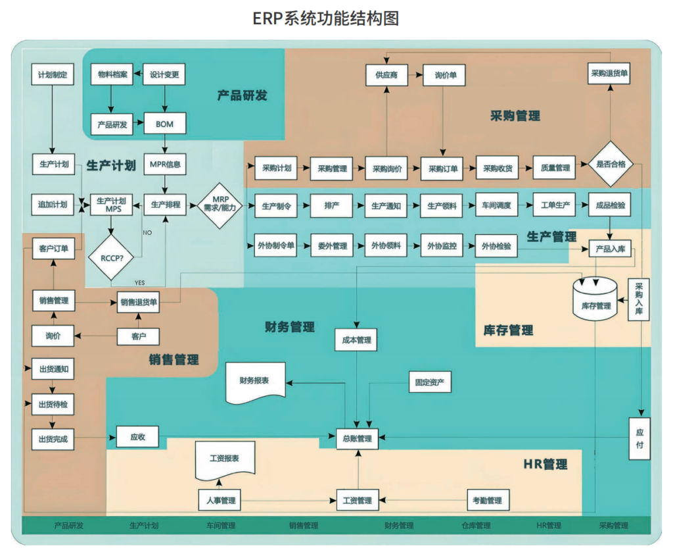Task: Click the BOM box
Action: [164, 123]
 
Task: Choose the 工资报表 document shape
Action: [224, 459]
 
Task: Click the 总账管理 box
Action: [358, 438]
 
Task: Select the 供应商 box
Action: [386, 75]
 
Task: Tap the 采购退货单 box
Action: [609, 74]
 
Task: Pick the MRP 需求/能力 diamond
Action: [219, 205]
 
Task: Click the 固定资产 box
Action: [429, 382]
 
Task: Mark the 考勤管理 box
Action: [487, 500]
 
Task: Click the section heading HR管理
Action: [545, 464]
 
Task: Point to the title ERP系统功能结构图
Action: [326, 18]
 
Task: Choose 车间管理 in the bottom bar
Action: [221, 525]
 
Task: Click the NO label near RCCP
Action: [148, 232]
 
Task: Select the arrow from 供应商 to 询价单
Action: [415, 75]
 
